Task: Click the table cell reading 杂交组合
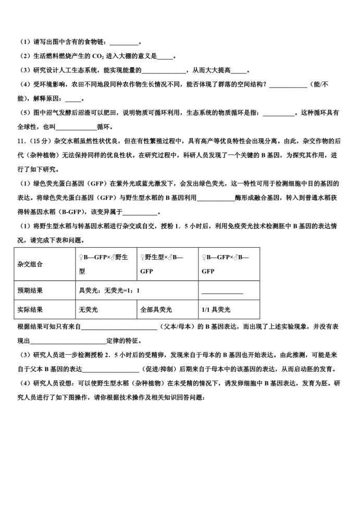[30, 264]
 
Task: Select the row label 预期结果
[30, 291]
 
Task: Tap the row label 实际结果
[30, 310]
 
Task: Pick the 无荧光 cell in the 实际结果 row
[88, 310]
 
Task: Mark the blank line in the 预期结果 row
[222, 292]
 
